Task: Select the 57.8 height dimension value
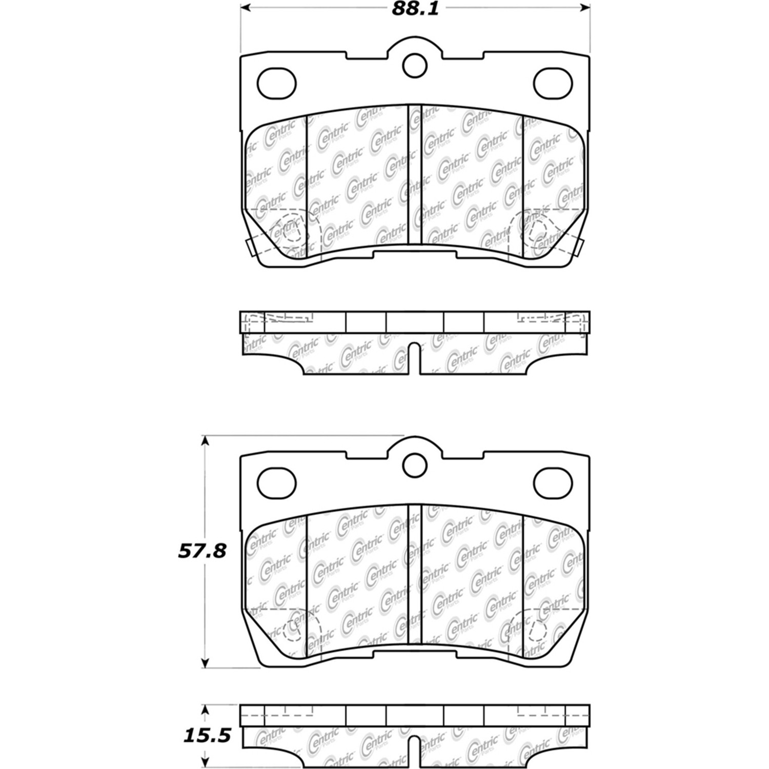coord(202,552)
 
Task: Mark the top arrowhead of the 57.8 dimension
coord(205,441)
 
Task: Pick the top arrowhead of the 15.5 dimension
coord(205,710)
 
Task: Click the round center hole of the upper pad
coord(415,65)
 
